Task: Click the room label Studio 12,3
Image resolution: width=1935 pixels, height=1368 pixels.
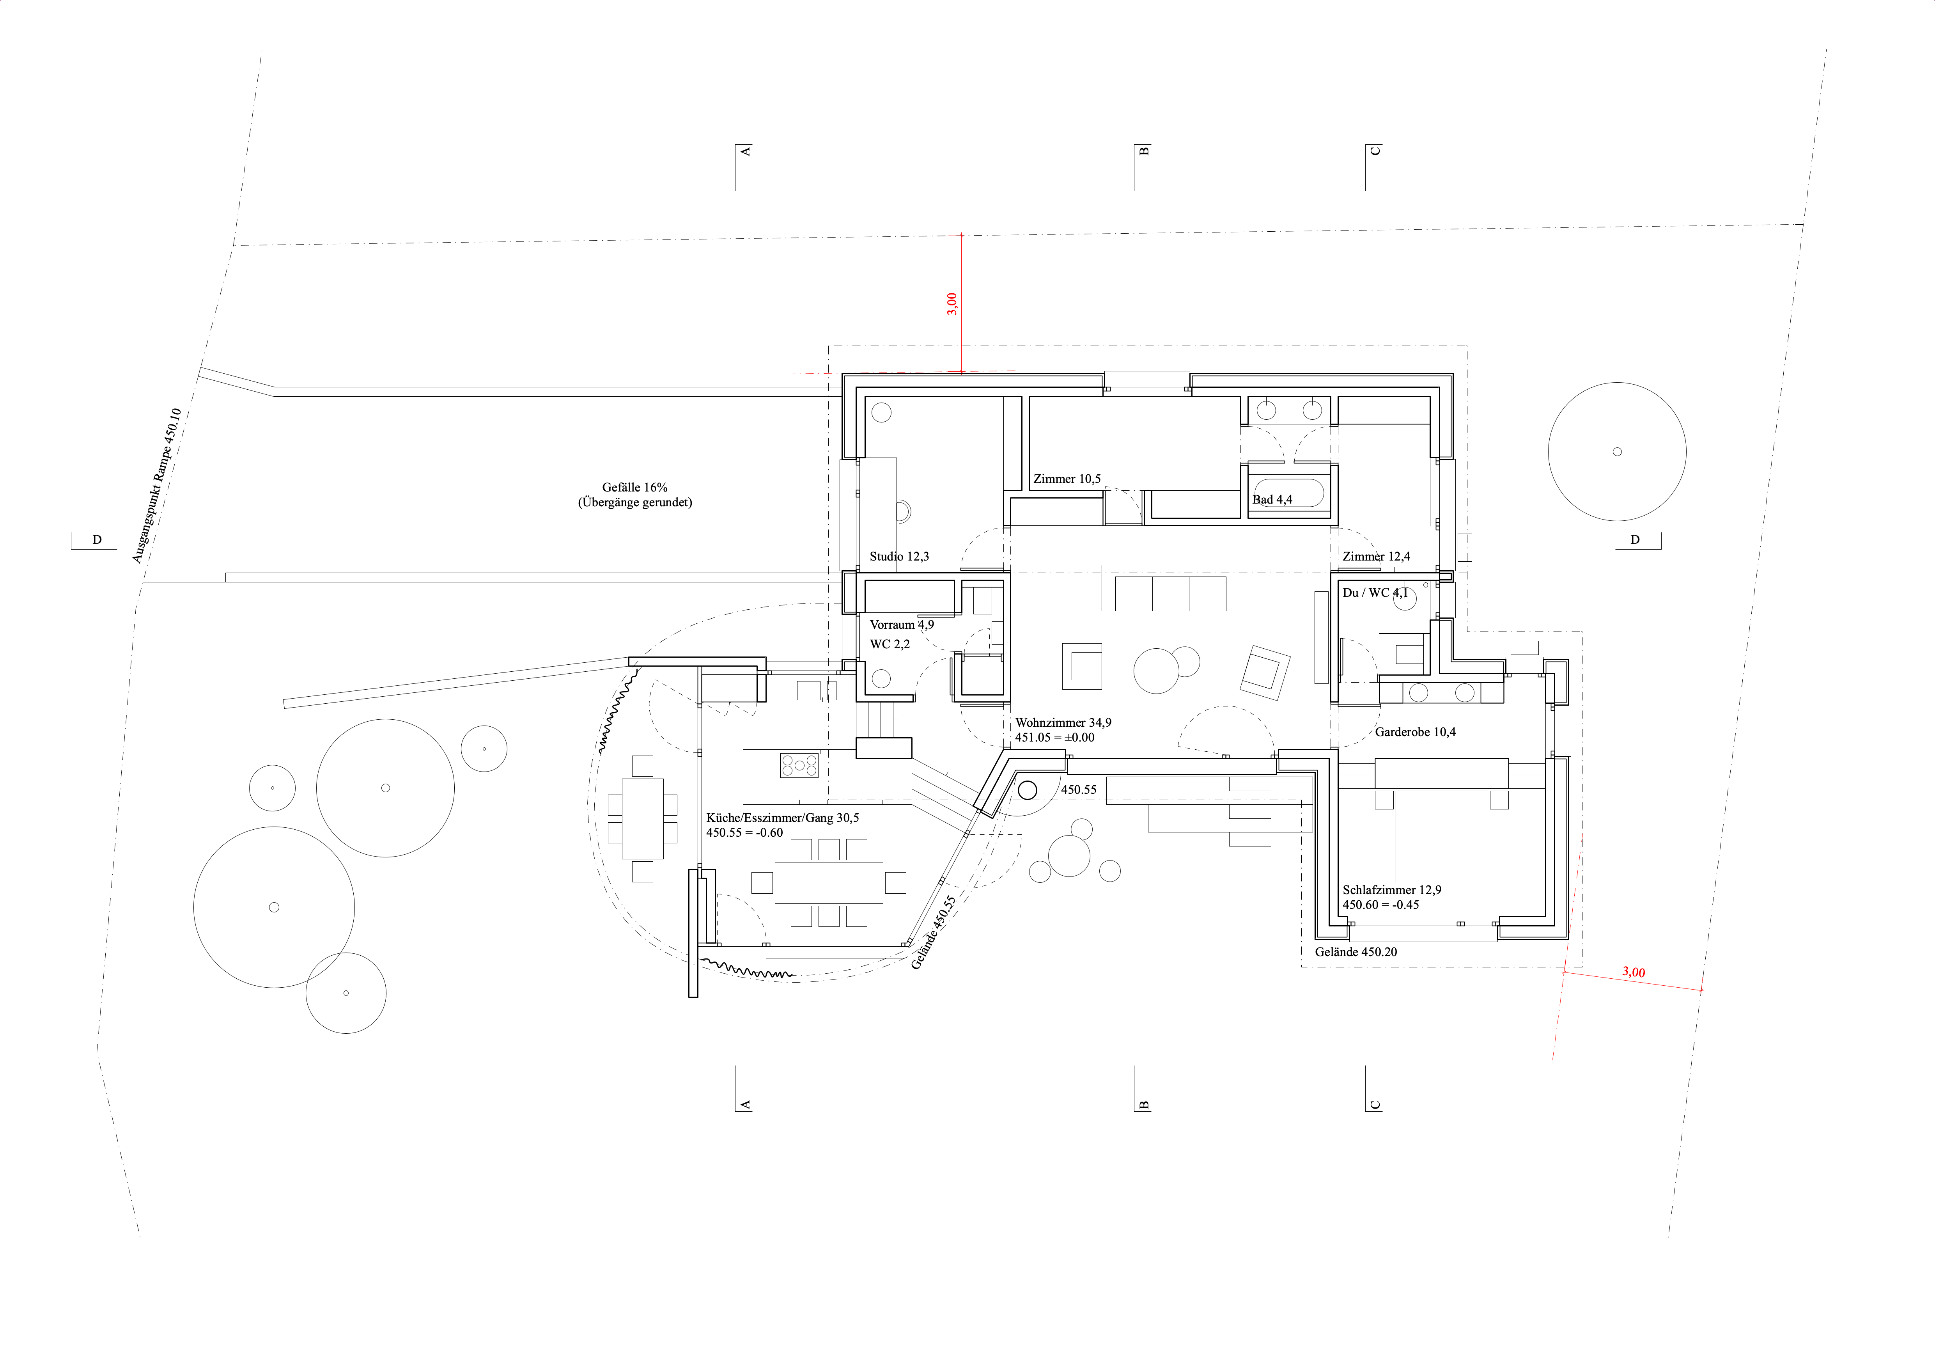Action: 899,556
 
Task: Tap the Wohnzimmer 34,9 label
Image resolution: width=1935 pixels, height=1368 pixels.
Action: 1063,722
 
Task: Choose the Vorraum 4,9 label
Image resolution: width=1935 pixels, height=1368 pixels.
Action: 902,625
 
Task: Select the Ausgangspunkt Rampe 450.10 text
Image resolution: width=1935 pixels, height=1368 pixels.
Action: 157,486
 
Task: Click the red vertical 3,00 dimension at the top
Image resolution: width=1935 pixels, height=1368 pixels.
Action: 953,303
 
